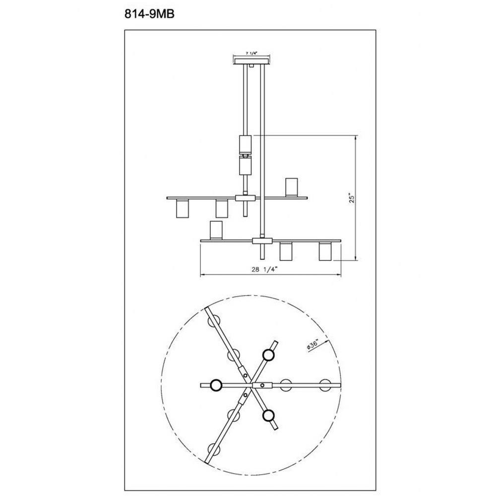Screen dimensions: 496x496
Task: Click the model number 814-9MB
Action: [149, 14]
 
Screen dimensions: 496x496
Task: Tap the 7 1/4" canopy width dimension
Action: [251, 54]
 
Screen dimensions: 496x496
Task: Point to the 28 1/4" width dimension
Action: [264, 269]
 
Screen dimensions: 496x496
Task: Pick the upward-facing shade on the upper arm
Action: [292, 187]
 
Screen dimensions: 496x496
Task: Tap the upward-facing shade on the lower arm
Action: [217, 231]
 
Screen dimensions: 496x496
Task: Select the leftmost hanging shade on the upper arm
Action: [182, 208]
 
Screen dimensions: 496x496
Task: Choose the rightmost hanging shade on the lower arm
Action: [325, 251]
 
